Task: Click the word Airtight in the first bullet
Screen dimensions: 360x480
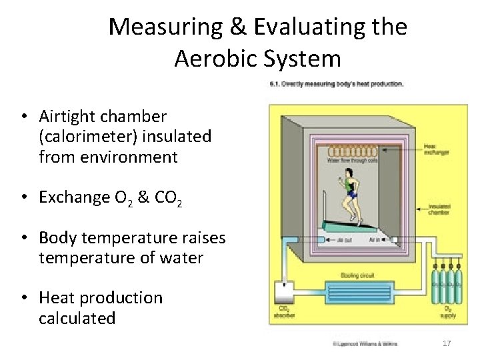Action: [x=67, y=117]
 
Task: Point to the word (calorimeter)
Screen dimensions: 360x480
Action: [x=89, y=137]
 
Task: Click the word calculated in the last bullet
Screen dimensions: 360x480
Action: [x=77, y=319]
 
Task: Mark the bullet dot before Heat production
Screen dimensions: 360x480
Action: [x=23, y=298]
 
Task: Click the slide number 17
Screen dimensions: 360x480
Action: [x=447, y=343]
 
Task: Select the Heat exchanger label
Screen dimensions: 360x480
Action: [x=437, y=150]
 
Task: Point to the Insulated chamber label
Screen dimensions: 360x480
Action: [x=439, y=210]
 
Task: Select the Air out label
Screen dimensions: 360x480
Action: [x=345, y=239]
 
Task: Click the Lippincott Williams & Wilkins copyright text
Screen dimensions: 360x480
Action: [x=365, y=343]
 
